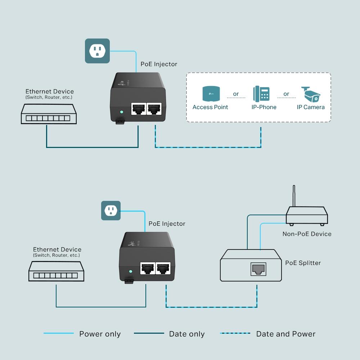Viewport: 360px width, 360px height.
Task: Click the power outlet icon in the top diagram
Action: point(97,51)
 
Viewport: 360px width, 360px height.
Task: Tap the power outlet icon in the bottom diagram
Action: point(111,211)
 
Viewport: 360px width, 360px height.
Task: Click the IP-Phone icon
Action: point(261,94)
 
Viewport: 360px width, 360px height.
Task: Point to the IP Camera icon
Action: point(311,94)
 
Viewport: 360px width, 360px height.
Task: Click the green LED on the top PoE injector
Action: point(121,112)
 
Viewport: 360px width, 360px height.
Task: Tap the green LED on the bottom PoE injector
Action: point(131,271)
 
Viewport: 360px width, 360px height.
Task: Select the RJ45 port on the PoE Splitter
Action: point(258,269)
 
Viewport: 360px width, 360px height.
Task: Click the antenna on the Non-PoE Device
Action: point(294,196)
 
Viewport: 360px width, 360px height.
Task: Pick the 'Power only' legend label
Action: point(100,334)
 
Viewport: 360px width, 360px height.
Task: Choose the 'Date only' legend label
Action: point(186,334)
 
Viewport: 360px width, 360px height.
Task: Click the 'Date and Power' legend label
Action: point(285,334)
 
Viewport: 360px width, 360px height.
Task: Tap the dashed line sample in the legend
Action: point(235,333)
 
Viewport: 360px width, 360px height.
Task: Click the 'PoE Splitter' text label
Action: point(303,263)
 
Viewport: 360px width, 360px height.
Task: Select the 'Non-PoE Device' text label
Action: point(307,234)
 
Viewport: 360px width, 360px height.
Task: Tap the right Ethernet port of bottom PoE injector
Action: point(163,269)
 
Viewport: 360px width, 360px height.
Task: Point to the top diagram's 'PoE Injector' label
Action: point(159,64)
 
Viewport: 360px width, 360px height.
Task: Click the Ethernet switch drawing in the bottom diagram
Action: point(56,271)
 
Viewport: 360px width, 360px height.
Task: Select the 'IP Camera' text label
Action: point(310,107)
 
